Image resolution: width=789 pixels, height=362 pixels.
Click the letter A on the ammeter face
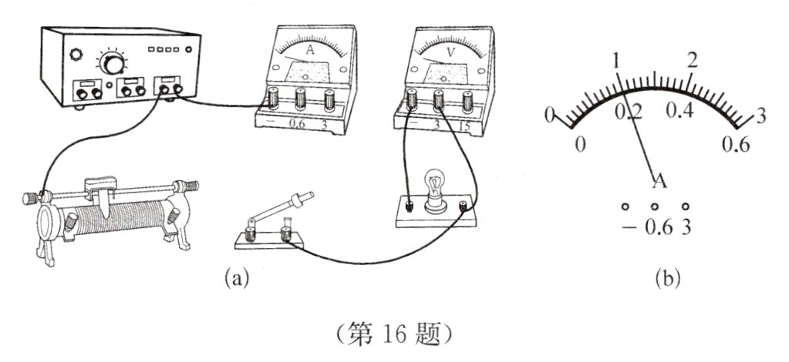[310, 49]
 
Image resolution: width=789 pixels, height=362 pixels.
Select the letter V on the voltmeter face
[447, 49]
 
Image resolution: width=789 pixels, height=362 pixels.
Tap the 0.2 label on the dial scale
[629, 111]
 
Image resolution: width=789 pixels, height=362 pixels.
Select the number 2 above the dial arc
[692, 61]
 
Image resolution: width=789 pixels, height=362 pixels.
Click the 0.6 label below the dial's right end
[736, 145]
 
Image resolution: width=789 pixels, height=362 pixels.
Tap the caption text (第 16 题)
[395, 332]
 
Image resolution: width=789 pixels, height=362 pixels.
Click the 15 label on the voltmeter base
[464, 126]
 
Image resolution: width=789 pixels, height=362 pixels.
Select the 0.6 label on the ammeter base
[296, 125]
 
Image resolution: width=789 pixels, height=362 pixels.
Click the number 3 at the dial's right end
[760, 117]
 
